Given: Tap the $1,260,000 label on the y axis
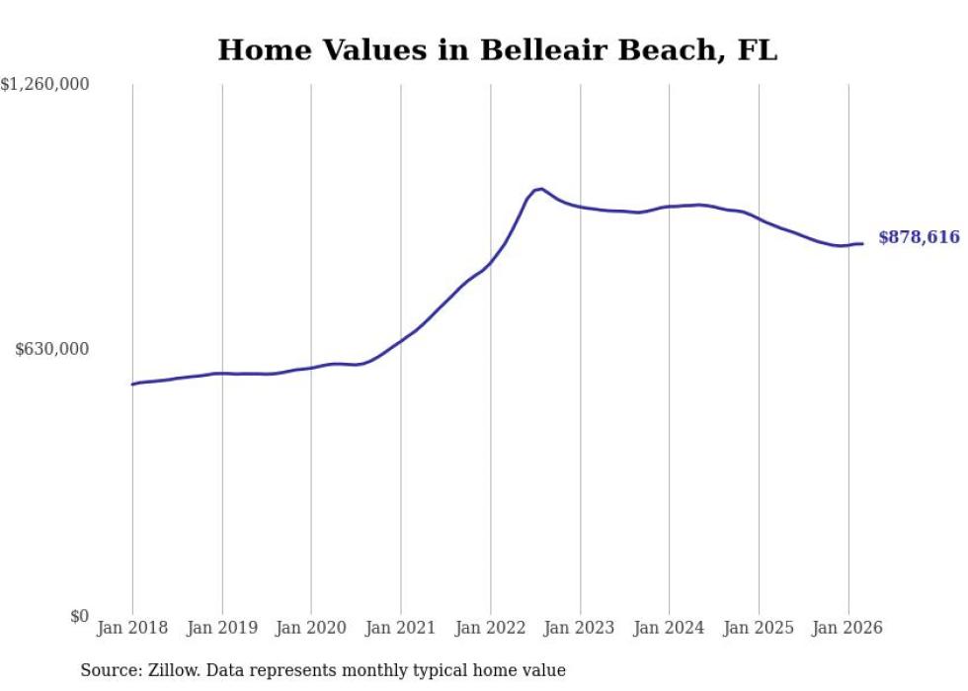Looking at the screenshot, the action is [x=44, y=84].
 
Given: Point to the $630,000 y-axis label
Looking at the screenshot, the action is [x=51, y=349].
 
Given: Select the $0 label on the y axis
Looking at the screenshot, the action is [x=80, y=616].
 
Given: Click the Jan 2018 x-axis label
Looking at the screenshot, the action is [x=132, y=628].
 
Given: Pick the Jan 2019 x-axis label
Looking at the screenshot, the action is [x=221, y=628].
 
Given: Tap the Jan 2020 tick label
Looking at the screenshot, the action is [x=311, y=628].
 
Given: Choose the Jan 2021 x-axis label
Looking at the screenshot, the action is [x=401, y=628].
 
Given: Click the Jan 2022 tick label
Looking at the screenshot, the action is [x=490, y=628].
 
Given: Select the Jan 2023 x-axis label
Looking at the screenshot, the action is [x=580, y=628].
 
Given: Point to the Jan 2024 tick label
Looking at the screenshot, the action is [x=669, y=628].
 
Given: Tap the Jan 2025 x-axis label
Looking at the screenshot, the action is [x=759, y=628].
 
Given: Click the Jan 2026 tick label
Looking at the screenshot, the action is [x=847, y=628].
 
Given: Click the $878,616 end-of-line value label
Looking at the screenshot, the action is [x=920, y=237].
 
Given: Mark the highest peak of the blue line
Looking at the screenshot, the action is [x=541, y=189].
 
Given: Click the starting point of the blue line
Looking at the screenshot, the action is [x=132, y=385].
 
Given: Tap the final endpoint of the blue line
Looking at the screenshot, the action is [x=862, y=243].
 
